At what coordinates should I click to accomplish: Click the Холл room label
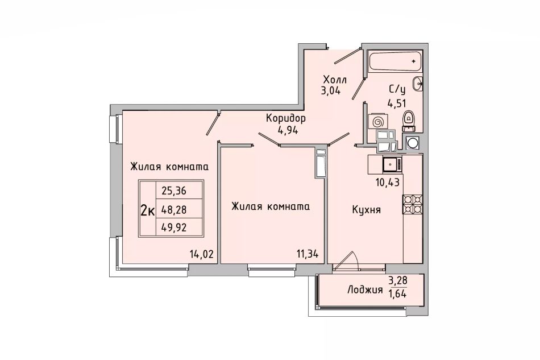tap(335, 80)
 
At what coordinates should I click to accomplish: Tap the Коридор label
tap(286, 119)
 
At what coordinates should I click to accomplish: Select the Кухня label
tap(367, 210)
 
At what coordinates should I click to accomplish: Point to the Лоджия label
tap(365, 289)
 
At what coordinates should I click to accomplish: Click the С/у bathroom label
tap(397, 89)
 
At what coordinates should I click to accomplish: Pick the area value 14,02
tap(202, 255)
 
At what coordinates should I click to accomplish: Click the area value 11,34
tap(308, 255)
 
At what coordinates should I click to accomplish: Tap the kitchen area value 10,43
tap(388, 182)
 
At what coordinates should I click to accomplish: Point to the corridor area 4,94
tap(288, 131)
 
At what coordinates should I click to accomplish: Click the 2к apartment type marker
tap(147, 209)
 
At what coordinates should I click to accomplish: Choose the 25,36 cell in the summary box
tap(174, 191)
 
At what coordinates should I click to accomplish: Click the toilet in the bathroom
tap(409, 121)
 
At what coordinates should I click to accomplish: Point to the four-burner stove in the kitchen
tap(413, 205)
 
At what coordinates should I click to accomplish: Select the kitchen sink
tap(392, 164)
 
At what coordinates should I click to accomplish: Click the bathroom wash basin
tap(418, 83)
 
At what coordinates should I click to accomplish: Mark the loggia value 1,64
tap(397, 295)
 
